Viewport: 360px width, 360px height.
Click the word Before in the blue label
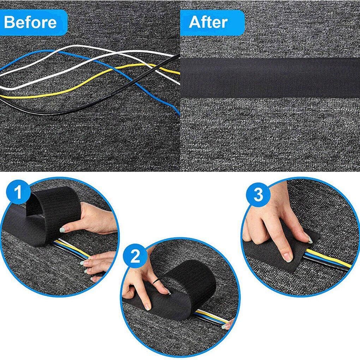pyautogui.click(x=30, y=22)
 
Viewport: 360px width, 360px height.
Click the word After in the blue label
pyautogui.click(x=208, y=22)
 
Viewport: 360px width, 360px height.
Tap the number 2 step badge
pyautogui.click(x=135, y=257)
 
